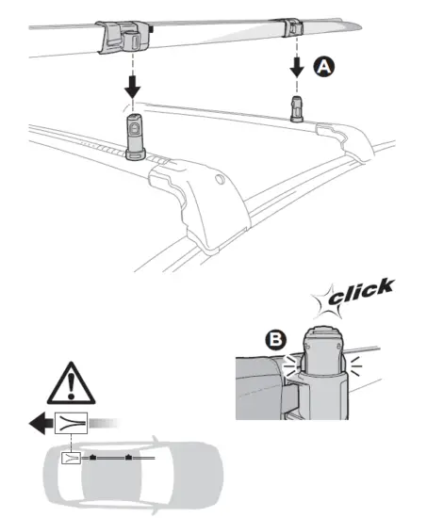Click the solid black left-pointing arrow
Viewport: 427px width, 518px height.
pos(41,422)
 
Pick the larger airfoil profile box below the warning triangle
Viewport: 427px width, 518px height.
pos(73,422)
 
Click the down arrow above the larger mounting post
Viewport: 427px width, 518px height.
pos(132,88)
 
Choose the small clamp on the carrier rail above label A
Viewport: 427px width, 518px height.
pos(295,25)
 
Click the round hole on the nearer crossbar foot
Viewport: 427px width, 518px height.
pos(220,178)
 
